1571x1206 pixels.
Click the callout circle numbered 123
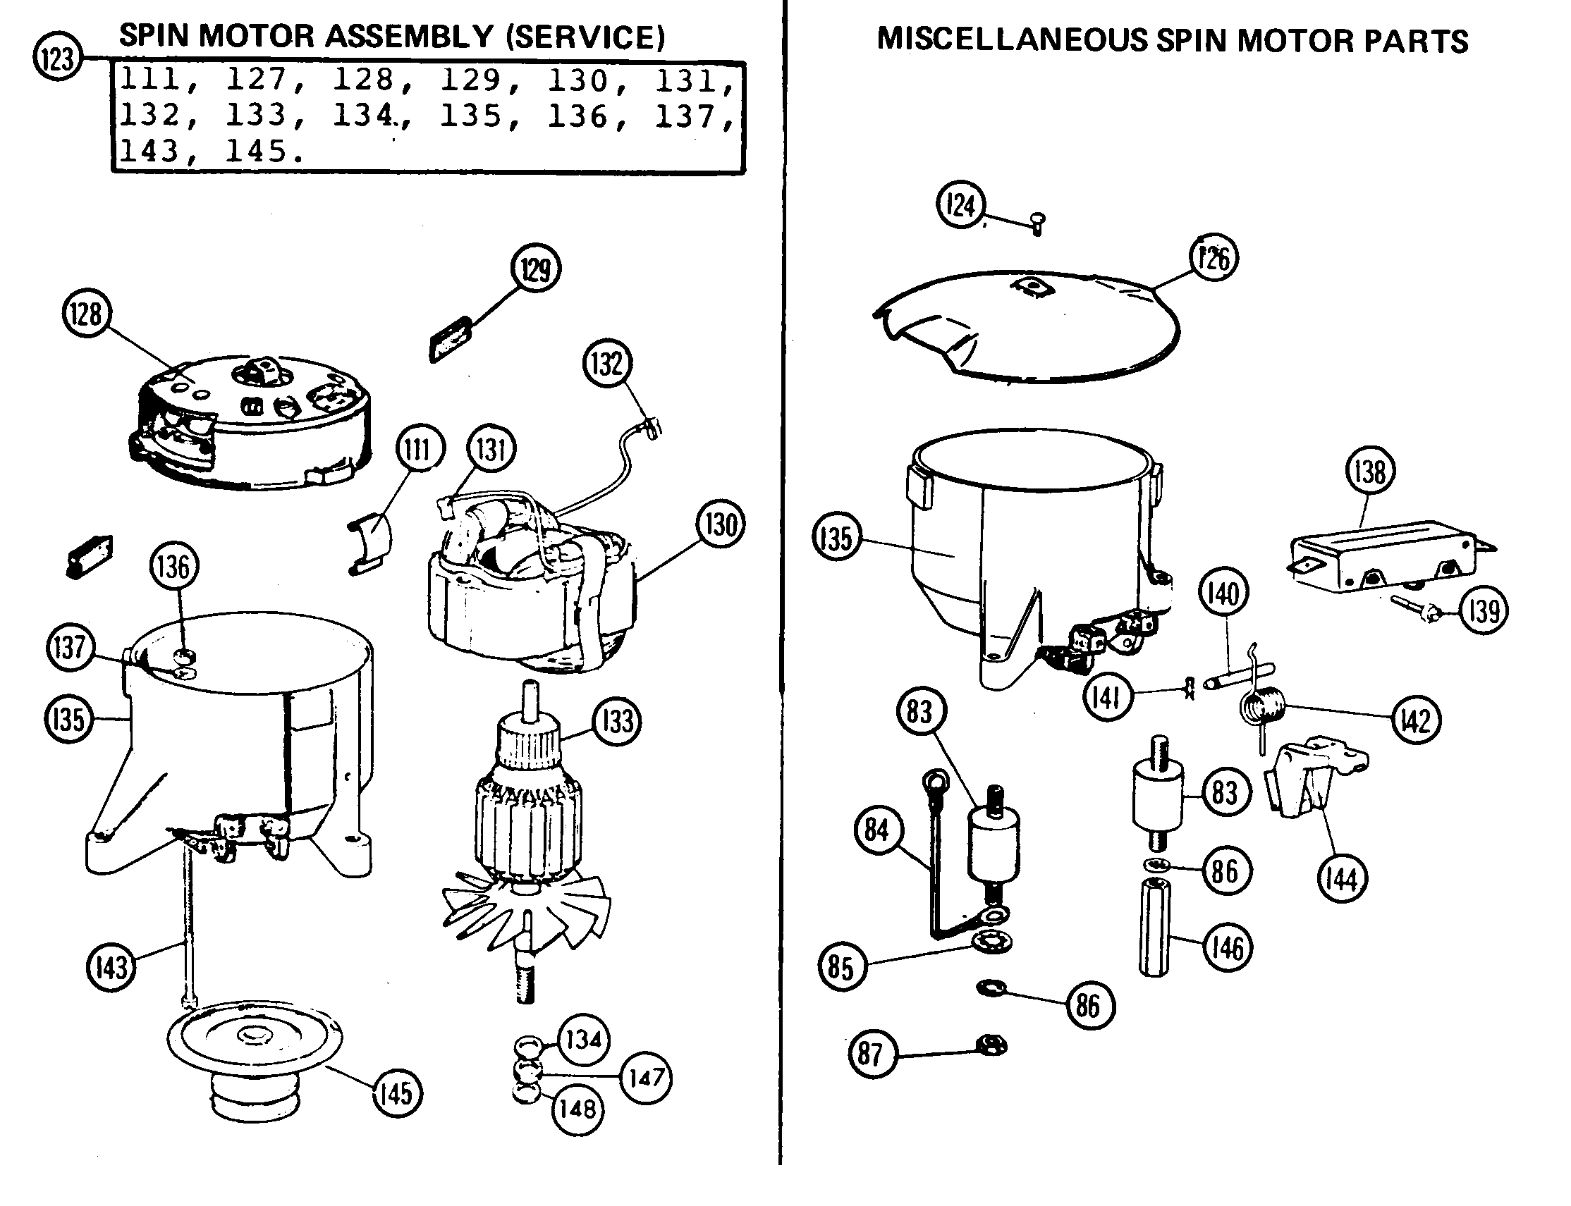point(57,57)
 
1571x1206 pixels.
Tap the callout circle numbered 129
point(536,269)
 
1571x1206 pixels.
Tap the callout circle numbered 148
point(577,1109)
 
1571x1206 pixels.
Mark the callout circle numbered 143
point(111,967)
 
